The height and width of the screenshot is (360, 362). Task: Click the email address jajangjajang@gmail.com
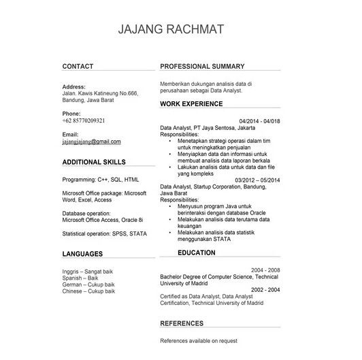91,142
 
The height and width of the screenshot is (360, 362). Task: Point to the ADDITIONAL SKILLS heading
94,163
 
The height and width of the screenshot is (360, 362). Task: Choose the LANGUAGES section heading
82,254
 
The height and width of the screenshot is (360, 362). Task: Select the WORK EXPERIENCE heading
191,104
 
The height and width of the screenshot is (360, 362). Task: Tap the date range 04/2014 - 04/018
260,120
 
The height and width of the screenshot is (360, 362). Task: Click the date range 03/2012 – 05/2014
258,180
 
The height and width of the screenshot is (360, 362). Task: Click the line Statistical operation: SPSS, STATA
104,233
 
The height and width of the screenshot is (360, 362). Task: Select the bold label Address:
73,87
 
